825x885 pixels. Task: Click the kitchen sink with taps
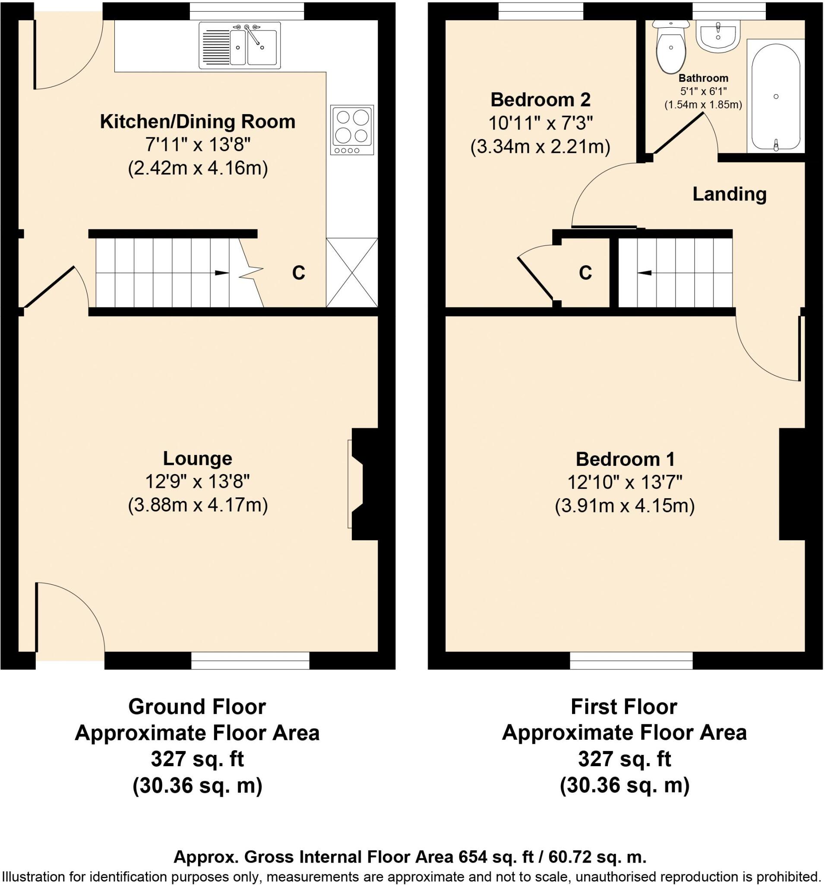click(240, 46)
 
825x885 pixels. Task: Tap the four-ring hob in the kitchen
click(352, 130)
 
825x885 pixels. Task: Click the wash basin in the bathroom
click(718, 36)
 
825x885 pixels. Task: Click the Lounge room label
click(197, 458)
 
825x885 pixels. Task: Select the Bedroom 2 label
click(540, 100)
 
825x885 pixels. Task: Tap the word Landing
click(730, 194)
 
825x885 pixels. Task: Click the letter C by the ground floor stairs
click(298, 272)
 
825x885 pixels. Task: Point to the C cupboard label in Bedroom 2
click(585, 272)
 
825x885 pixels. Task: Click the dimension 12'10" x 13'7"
click(624, 482)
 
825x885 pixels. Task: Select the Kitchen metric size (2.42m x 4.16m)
click(197, 169)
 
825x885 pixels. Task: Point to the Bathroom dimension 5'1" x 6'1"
click(703, 92)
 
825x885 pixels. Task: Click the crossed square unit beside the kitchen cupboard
click(352, 272)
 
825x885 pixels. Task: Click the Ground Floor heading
click(197, 707)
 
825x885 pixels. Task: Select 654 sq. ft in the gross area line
click(490, 856)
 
